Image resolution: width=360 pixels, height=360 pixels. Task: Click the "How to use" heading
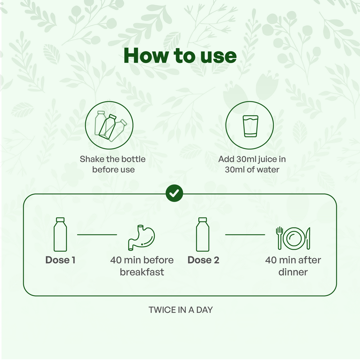tap(180, 55)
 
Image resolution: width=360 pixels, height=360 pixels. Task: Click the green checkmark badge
tap(174, 193)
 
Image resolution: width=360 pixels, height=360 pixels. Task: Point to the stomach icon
tap(141, 238)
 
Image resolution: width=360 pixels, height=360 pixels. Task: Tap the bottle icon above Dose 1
tap(60, 234)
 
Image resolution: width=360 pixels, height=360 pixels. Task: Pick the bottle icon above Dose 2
tap(203, 234)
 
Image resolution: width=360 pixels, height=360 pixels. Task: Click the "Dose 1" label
tap(60, 260)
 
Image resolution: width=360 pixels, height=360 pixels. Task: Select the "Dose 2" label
tap(203, 260)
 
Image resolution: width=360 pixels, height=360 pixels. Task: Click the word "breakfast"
tap(142, 272)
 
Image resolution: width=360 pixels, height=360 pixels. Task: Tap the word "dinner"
tap(293, 272)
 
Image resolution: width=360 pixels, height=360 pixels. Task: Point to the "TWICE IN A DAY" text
tap(181, 310)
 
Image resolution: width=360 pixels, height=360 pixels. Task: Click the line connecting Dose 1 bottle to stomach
tap(97, 235)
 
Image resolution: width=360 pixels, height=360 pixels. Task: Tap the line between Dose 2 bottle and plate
tap(245, 235)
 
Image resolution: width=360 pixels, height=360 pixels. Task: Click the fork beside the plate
tap(279, 238)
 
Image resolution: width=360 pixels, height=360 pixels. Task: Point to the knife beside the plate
tap(308, 238)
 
